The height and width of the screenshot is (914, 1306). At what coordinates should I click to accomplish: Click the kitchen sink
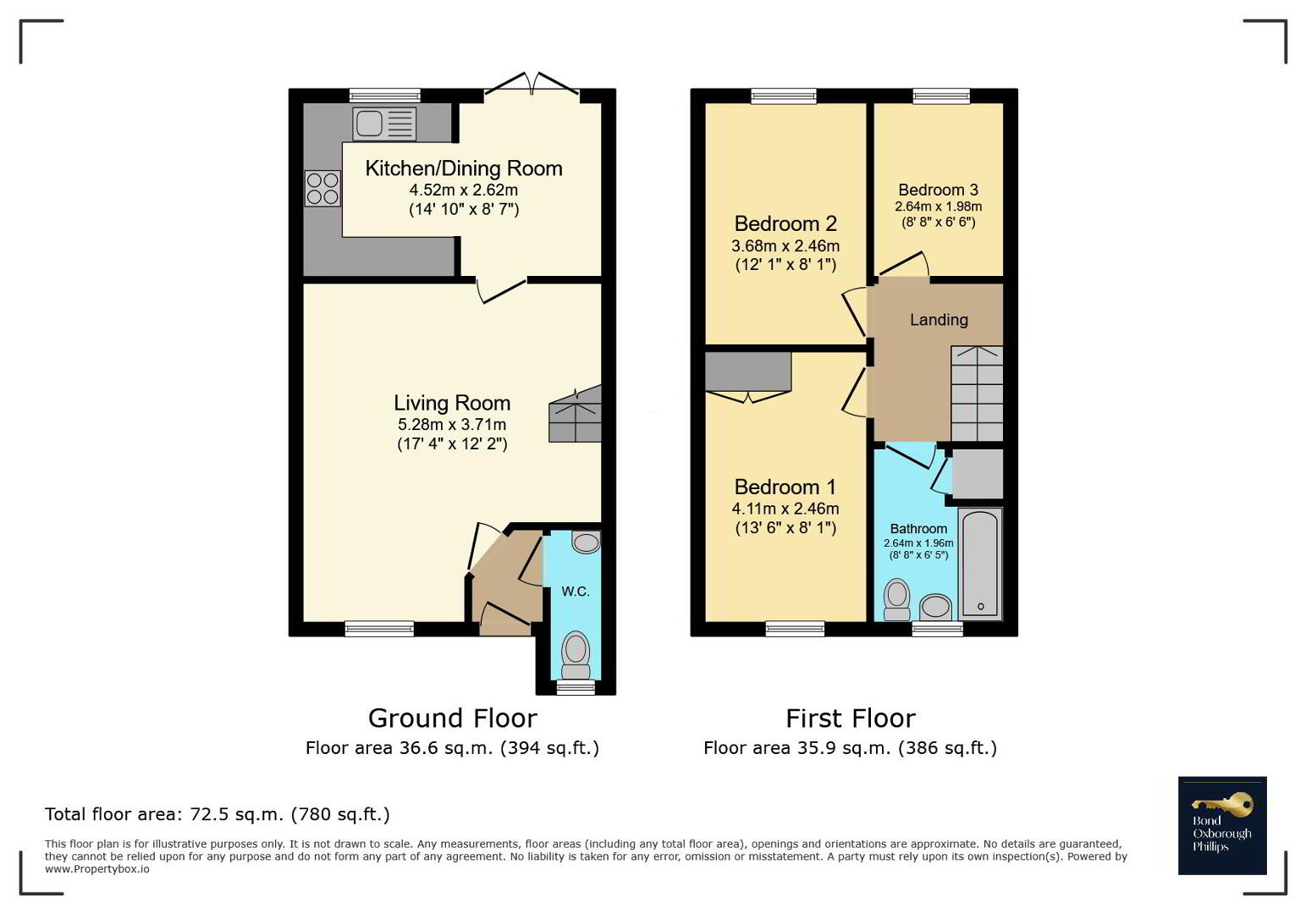tap(384, 124)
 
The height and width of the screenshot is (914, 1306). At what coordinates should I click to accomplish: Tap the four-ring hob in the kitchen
tap(322, 188)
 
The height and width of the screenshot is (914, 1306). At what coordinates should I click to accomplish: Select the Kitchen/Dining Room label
tap(464, 168)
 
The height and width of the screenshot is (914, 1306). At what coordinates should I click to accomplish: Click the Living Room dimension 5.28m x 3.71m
tap(452, 424)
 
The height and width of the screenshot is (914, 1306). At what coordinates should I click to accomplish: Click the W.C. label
tap(576, 592)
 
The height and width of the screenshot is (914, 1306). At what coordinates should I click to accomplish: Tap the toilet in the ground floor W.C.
tap(576, 654)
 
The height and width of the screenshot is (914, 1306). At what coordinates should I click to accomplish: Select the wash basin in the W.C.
tap(586, 542)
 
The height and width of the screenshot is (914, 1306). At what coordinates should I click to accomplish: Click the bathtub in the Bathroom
tap(980, 563)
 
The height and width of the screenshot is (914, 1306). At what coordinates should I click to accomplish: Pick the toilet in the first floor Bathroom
tap(896, 599)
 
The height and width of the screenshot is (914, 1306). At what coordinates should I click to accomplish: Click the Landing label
tap(939, 319)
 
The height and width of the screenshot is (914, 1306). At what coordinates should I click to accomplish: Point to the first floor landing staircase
tap(977, 394)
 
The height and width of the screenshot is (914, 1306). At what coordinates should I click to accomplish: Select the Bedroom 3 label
tap(938, 190)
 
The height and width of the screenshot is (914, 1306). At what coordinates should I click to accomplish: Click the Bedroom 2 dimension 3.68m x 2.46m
tap(785, 246)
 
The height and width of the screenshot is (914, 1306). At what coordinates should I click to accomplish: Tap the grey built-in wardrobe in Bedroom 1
tap(748, 372)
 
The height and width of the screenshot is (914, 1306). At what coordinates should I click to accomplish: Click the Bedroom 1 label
tap(785, 487)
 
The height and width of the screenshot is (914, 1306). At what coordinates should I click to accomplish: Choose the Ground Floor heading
tap(453, 719)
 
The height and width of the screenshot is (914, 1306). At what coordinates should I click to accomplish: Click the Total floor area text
tap(218, 814)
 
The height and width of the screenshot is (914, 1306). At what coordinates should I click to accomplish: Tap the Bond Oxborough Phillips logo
tap(1222, 825)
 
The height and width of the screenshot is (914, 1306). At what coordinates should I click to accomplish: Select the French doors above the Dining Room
tap(532, 84)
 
